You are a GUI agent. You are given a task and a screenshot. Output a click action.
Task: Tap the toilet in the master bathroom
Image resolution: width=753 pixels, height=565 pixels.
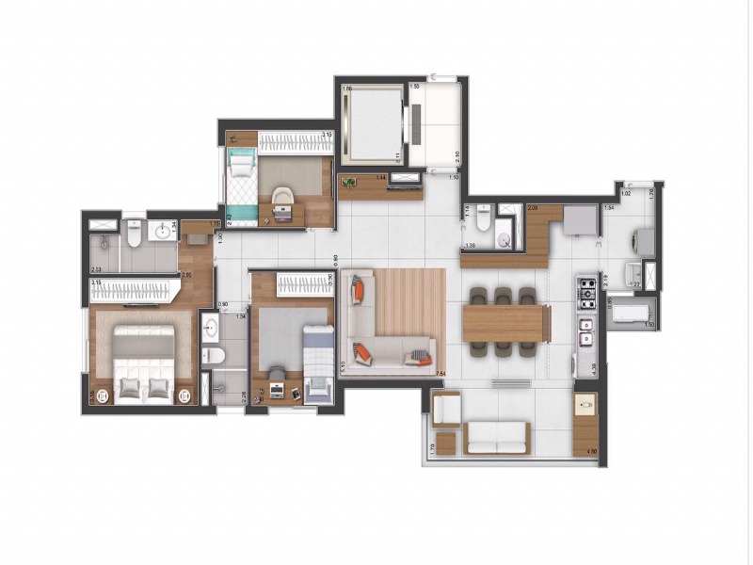135,233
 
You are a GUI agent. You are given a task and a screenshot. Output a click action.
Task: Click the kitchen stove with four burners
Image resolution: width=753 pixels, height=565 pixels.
586,292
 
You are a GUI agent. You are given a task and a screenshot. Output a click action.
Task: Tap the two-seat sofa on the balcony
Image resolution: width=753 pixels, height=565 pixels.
498,436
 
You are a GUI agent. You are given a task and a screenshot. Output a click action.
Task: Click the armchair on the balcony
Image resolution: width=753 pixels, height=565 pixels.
446,410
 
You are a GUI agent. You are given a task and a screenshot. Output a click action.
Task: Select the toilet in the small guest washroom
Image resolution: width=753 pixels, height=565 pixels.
483,219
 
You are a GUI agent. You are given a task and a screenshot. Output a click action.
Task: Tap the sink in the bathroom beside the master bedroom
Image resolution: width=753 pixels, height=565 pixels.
211,329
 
